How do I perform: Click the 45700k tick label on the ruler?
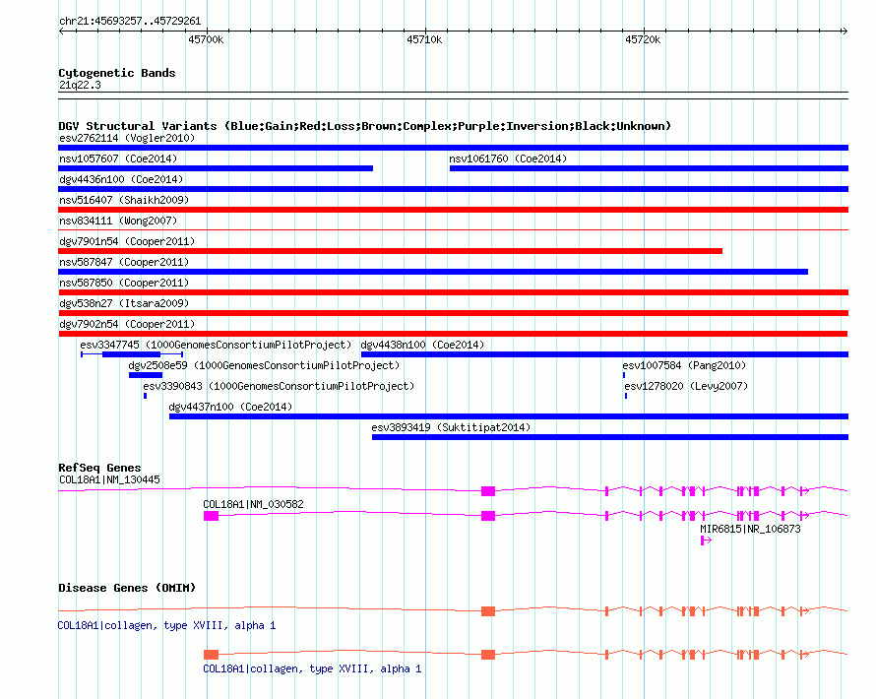206,39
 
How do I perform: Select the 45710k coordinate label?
424,39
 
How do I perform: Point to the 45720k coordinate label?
643,39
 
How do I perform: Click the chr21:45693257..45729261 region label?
130,22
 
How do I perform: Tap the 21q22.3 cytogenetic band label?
80,85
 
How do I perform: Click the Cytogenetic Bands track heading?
117,73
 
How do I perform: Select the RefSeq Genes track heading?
99,468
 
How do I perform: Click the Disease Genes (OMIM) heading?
127,588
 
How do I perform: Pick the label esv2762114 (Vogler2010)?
127,138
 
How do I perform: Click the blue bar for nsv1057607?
216,168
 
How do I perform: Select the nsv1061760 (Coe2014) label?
508,159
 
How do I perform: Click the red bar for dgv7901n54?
391,251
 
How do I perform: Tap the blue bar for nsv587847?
433,272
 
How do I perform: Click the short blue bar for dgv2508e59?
146,375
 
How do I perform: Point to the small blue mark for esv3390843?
146,396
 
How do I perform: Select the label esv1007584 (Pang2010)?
684,365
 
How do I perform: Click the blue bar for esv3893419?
610,437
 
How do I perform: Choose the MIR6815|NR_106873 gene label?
750,529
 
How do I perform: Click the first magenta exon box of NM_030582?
211,516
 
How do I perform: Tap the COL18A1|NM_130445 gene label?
109,480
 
